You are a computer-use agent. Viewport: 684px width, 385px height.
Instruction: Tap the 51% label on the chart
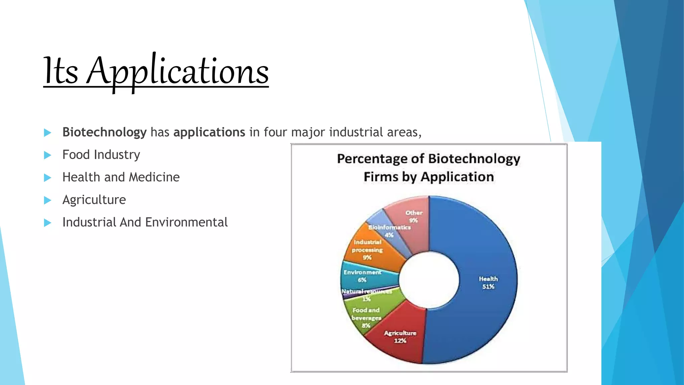point(488,287)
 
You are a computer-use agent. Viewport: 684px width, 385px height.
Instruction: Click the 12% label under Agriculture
point(400,341)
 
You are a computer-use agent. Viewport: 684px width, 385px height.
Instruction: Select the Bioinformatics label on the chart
point(389,227)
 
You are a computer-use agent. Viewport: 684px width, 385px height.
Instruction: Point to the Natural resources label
point(366,291)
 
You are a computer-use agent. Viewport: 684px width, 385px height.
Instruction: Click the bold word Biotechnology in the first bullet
point(104,132)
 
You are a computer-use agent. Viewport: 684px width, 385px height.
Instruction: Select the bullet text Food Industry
point(101,155)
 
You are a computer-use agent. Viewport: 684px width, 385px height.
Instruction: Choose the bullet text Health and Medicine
point(121,177)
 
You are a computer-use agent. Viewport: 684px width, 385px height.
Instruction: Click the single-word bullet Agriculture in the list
point(94,200)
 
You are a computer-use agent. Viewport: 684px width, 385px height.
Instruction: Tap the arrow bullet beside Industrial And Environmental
point(47,223)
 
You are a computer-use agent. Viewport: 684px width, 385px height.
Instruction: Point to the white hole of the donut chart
point(429,280)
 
